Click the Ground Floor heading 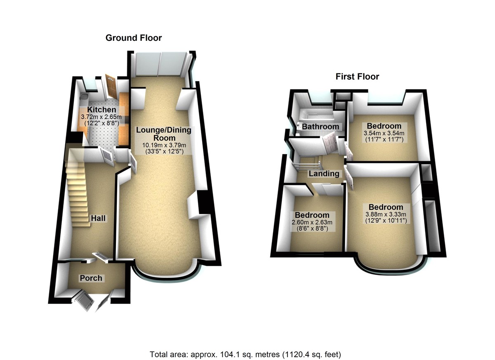pyautogui.click(x=134, y=38)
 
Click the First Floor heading pyautogui.click(x=357, y=76)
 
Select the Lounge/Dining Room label pyautogui.click(x=164, y=134)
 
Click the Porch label pyautogui.click(x=91, y=278)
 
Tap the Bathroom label pyautogui.click(x=321, y=127)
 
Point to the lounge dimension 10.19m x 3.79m pyautogui.click(x=164, y=145)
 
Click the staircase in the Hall pyautogui.click(x=78, y=186)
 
